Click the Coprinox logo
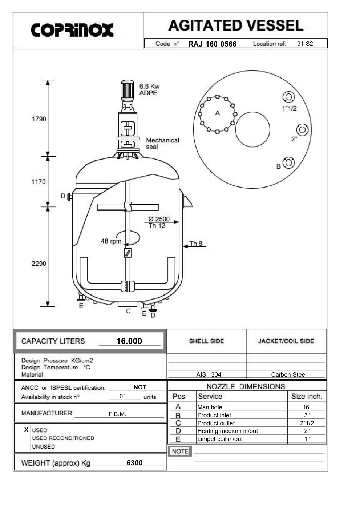pos(72,30)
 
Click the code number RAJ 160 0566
pos(212,44)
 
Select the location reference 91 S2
pos(305,44)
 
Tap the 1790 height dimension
pos(39,119)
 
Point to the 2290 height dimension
pos(39,264)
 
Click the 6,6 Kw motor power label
pos(149,87)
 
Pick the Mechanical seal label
pos(162,143)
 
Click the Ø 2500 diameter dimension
pos(159,219)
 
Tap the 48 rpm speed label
pos(111,241)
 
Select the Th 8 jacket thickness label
pos(196,243)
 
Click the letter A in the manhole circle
pos(218,113)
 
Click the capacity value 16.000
pos(129,341)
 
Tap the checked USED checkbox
pos(26,430)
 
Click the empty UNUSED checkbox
pos(26,446)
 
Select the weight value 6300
pos(134,463)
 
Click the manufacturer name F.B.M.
pos(117,414)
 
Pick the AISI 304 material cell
pos(209,374)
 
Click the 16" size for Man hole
pos(307,407)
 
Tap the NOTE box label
pos(180,451)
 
